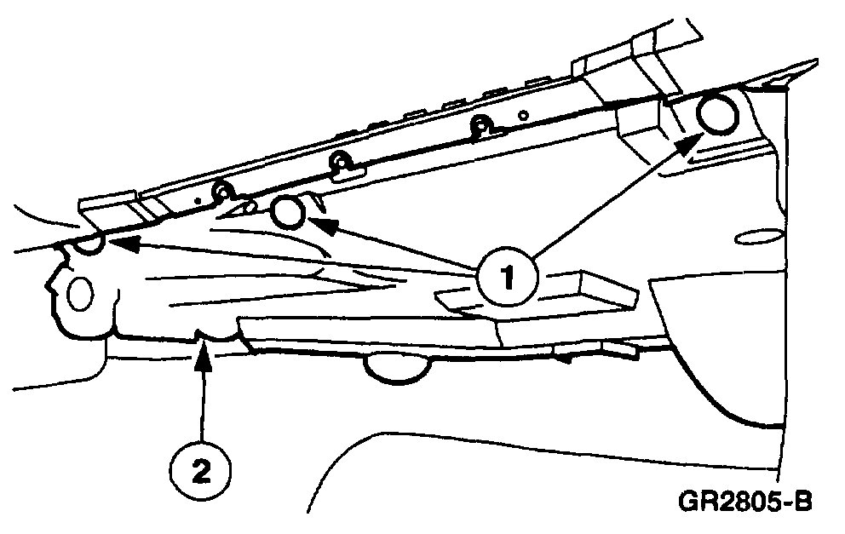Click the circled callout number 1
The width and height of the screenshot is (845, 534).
tap(509, 277)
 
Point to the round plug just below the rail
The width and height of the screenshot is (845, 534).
tap(288, 213)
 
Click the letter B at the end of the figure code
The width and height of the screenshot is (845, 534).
tap(802, 500)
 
